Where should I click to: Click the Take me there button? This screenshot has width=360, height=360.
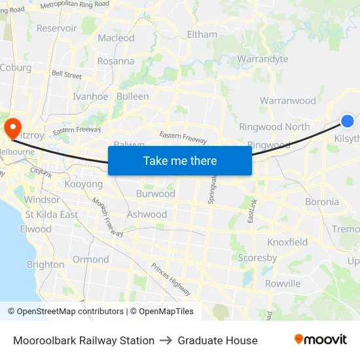[x=180, y=160]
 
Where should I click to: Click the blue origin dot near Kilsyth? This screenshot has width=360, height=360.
[x=348, y=120]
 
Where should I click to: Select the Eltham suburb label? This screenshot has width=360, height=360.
[x=202, y=34]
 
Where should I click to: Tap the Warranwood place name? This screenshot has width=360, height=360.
[x=287, y=101]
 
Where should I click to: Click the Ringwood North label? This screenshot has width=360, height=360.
[x=274, y=127]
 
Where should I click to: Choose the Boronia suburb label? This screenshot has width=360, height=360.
[x=322, y=202]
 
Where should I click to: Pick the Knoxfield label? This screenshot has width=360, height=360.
[x=287, y=242]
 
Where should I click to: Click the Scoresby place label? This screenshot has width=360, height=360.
[x=257, y=258]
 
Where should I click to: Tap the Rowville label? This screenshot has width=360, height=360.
[x=283, y=283]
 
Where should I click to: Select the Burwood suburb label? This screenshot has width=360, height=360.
[x=156, y=194]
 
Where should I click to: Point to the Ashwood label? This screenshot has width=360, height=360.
[x=147, y=214]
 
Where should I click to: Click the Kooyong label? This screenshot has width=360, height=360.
[x=84, y=185]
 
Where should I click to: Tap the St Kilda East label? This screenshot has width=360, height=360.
[x=52, y=214]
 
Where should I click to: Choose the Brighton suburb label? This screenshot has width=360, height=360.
[x=46, y=264]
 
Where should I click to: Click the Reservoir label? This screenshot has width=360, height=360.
[x=57, y=28]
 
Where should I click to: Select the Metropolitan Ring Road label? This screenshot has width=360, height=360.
[x=75, y=4]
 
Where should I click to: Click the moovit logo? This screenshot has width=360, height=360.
[x=321, y=340]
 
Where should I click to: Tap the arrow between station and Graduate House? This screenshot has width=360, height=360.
[x=166, y=340]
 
